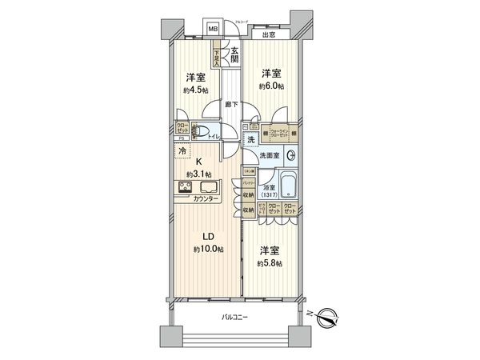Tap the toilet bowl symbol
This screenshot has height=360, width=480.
(202, 134)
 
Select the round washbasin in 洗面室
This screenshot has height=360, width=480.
(292, 155)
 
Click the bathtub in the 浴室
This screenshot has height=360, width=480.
(287, 187)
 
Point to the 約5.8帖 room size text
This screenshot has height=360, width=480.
(271, 262)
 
